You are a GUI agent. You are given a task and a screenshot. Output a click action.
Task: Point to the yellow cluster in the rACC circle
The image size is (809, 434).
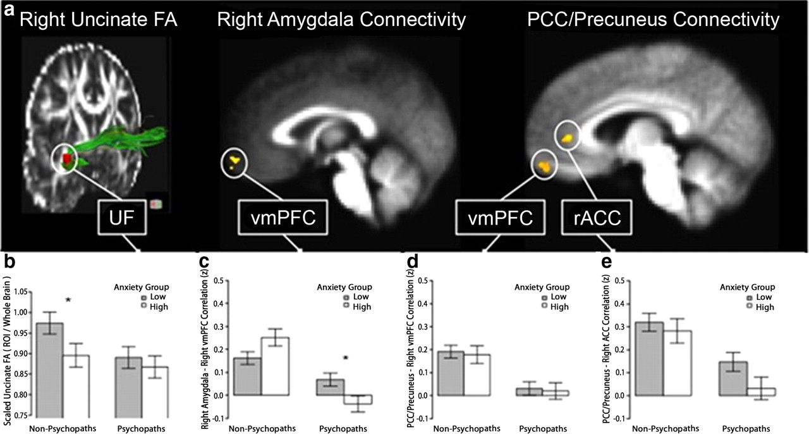point(568,136)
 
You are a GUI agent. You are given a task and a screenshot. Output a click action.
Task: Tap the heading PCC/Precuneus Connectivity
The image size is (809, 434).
point(654,20)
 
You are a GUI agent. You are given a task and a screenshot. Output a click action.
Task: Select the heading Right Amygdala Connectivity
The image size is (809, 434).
point(341,20)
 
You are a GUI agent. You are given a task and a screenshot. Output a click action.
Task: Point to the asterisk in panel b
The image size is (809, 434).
point(68,301)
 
